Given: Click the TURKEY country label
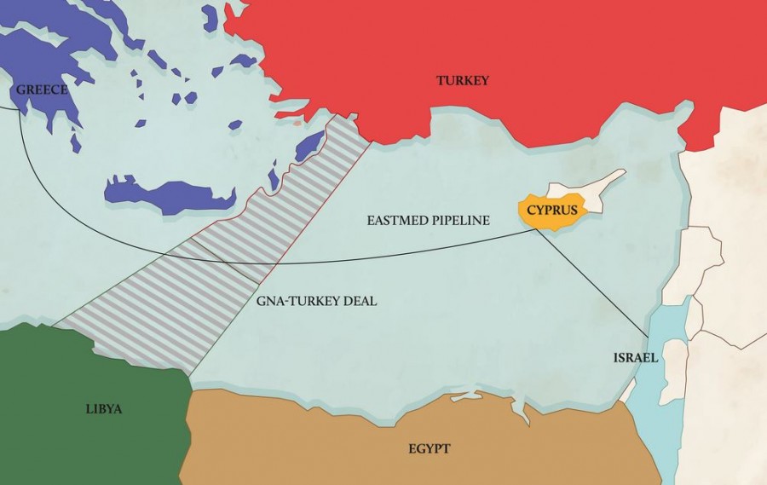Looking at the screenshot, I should pyautogui.click(x=463, y=81).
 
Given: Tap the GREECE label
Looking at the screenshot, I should pyautogui.click(x=41, y=89).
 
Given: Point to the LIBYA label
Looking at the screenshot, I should pyautogui.click(x=104, y=409).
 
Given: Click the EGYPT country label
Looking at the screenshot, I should pyautogui.click(x=429, y=448).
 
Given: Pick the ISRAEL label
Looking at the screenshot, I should pyautogui.click(x=635, y=358).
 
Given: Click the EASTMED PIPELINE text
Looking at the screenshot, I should pyautogui.click(x=428, y=221).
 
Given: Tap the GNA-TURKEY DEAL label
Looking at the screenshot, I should pyautogui.click(x=316, y=301).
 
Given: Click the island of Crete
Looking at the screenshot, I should pyautogui.click(x=170, y=193).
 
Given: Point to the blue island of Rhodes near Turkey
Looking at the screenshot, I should pyautogui.click(x=309, y=146).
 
